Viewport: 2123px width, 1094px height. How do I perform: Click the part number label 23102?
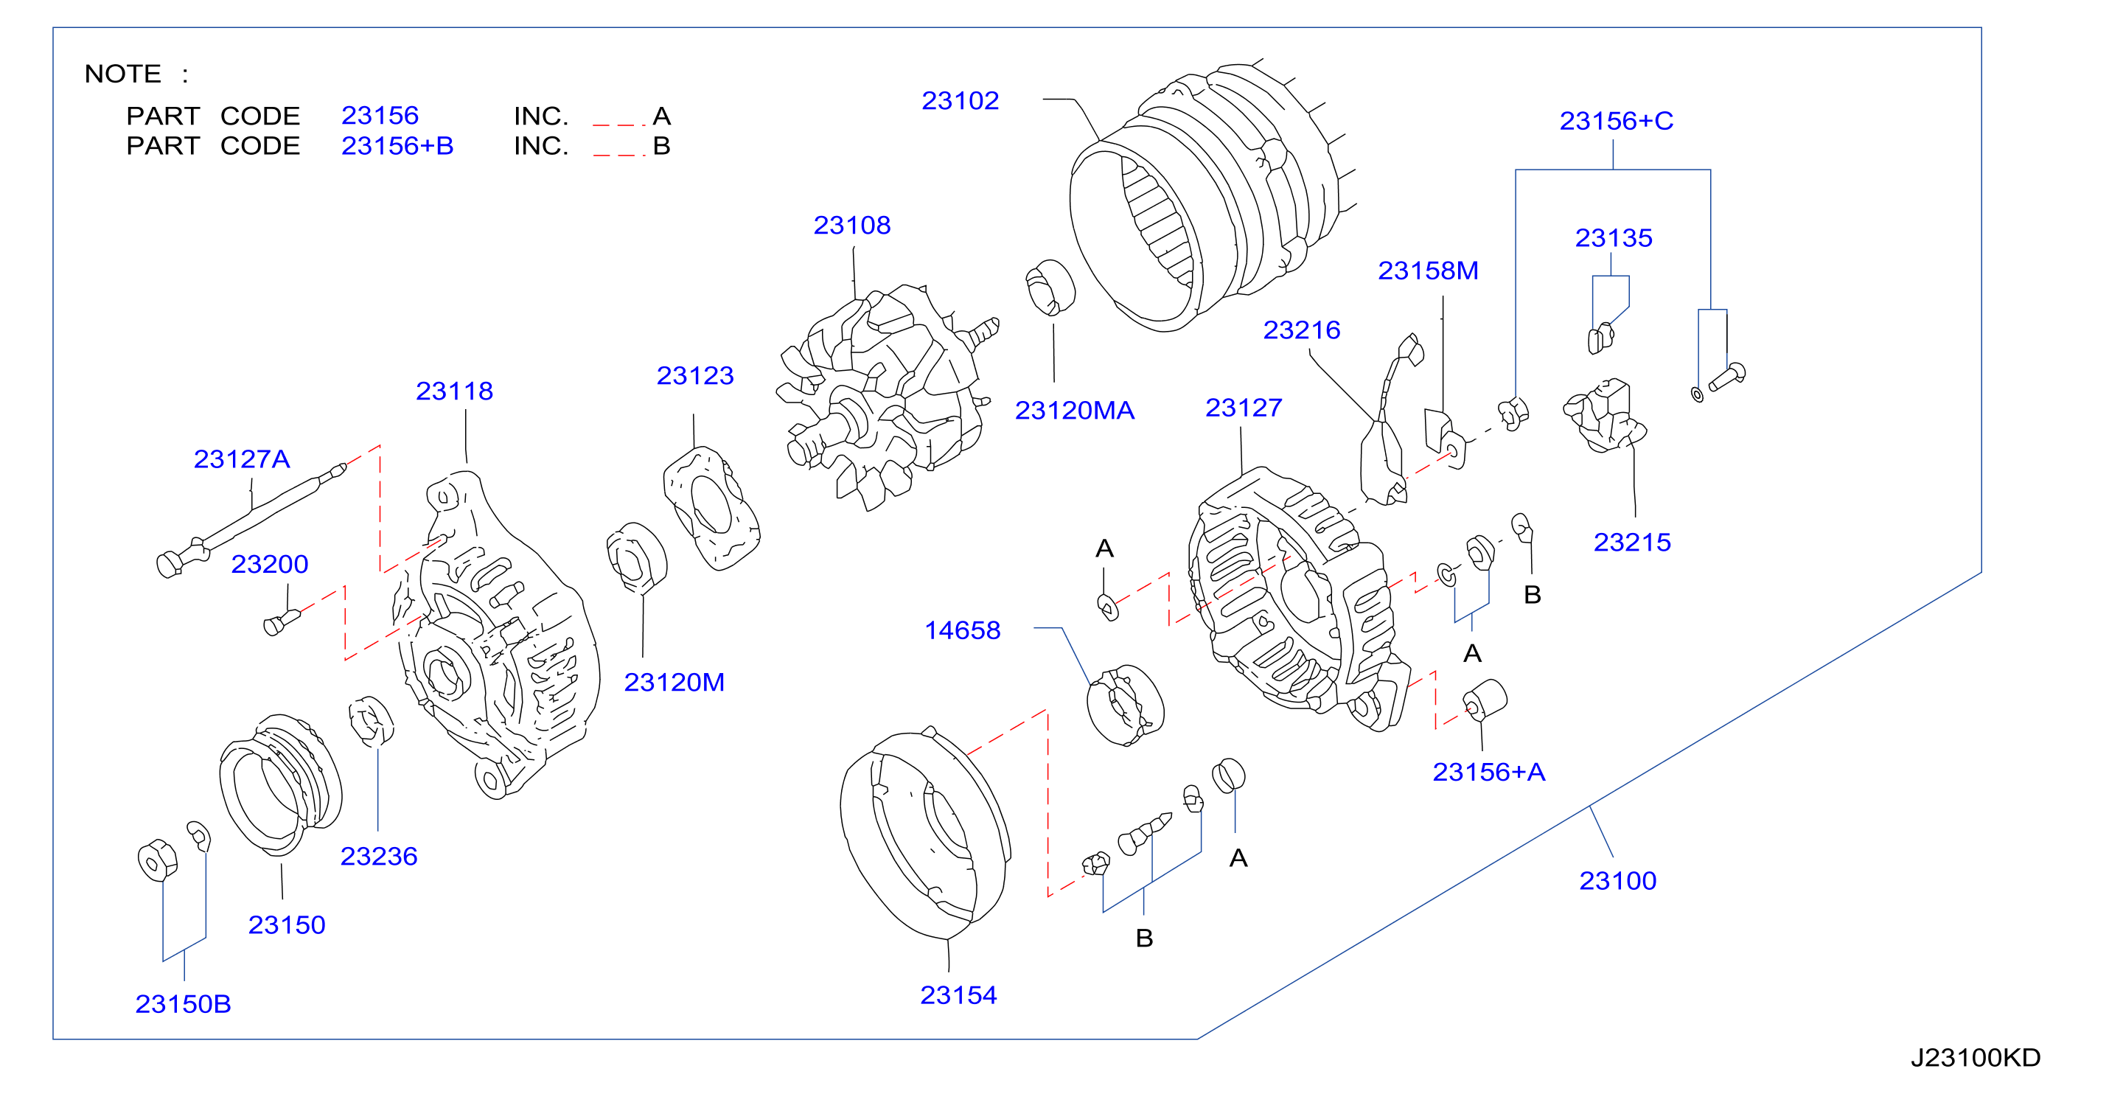tap(959, 100)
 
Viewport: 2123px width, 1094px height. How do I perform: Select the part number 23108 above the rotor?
tap(851, 225)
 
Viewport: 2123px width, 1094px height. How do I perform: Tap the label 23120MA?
tap(1074, 410)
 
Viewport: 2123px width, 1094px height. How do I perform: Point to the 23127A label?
tap(242, 459)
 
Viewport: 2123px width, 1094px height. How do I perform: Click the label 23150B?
tap(183, 1003)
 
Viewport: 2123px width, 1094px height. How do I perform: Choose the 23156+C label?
tap(1616, 120)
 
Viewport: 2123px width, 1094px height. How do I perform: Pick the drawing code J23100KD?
tap(1975, 1057)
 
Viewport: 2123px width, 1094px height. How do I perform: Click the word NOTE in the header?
tap(123, 74)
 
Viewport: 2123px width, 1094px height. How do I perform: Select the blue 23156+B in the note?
tap(397, 145)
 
